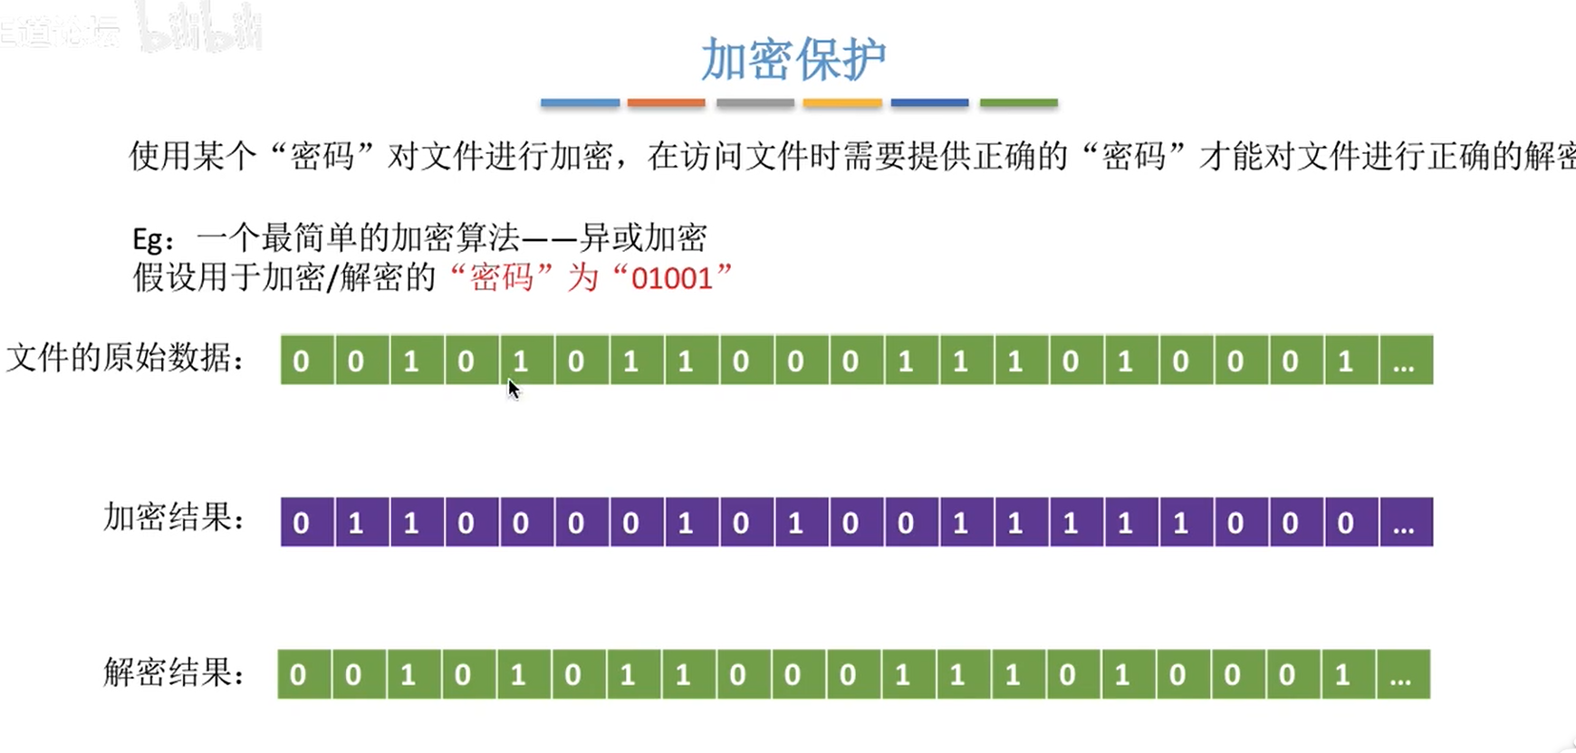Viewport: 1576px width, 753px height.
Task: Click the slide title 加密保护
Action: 793,60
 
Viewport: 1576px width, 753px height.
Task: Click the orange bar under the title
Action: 666,103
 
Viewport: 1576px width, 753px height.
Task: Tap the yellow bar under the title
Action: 842,103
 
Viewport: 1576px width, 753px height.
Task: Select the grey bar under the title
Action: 754,103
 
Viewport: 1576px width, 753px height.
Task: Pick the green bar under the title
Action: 1018,103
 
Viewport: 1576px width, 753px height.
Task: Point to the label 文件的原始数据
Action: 125,359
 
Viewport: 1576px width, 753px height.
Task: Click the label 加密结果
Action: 173,517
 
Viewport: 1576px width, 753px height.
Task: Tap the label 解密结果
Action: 173,672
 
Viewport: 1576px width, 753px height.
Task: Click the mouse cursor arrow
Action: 514,389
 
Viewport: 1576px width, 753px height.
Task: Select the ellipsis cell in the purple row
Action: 1405,523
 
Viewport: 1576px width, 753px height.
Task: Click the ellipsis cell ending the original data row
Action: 1405,361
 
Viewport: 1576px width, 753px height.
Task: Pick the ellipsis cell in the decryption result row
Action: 1401,675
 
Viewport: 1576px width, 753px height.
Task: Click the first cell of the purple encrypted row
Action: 302,523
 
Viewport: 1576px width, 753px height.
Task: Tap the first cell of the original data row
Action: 302,361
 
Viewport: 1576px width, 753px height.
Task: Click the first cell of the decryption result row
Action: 298,675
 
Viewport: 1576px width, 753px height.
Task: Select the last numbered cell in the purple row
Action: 1346,523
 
